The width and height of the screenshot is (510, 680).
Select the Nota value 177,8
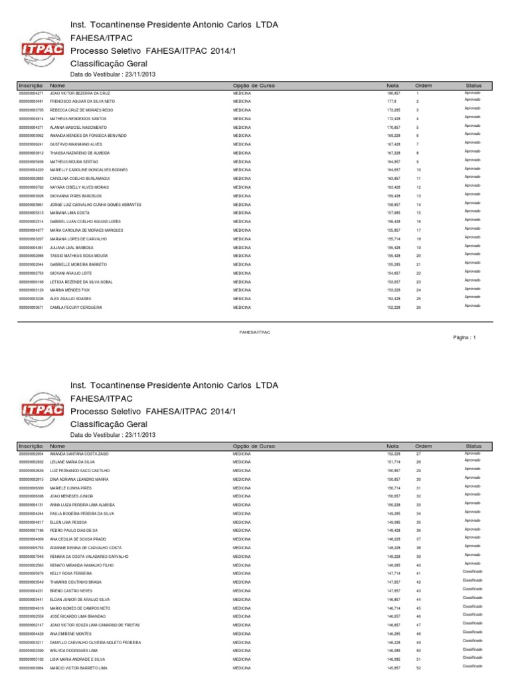(x=392, y=101)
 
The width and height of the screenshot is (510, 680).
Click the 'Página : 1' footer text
(x=463, y=337)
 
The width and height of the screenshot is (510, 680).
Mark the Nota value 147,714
(x=393, y=573)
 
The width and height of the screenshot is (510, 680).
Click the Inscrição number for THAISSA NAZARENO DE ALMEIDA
(x=31, y=153)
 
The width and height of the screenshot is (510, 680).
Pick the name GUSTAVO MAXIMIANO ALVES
(x=72, y=144)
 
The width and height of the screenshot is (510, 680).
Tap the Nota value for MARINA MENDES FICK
(x=393, y=290)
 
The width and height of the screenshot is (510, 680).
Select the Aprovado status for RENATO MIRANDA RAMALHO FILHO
(x=471, y=563)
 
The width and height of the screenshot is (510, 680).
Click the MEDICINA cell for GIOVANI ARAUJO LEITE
(x=242, y=273)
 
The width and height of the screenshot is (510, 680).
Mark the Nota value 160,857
(x=393, y=94)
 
